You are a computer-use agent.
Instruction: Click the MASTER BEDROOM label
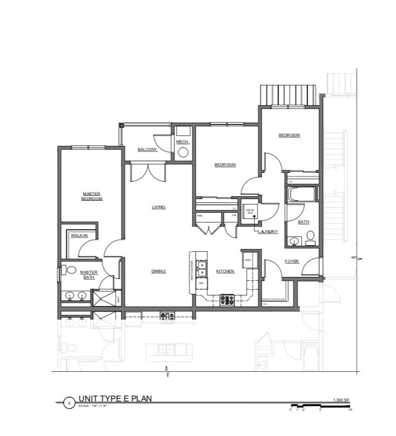point(92,196)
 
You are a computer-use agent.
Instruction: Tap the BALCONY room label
point(147,149)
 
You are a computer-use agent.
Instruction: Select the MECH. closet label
point(182,142)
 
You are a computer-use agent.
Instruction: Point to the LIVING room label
point(159,207)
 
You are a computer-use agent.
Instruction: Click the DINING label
point(159,271)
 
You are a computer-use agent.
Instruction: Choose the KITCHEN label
point(225,271)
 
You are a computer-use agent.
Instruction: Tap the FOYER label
point(292,262)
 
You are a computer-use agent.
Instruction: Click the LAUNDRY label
point(268,232)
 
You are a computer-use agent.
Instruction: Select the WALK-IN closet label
point(79,235)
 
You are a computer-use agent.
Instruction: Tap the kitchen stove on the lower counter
point(227,300)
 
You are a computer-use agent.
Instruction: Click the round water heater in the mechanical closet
point(183,152)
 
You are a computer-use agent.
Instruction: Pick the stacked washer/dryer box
point(250,212)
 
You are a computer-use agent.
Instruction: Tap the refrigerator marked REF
point(247,259)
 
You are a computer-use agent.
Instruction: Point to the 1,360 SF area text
point(341,400)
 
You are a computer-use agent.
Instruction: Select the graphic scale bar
point(321,407)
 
